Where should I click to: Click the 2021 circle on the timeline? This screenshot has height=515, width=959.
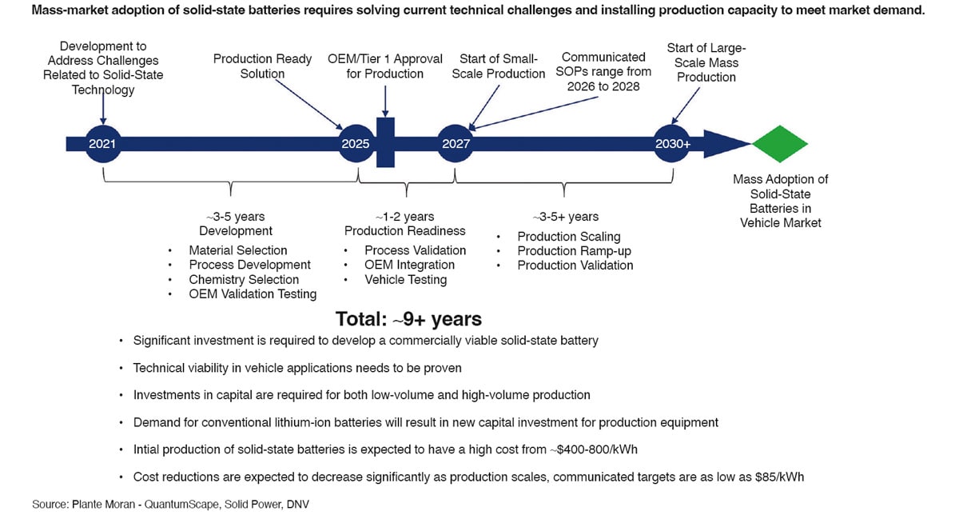pyautogui.click(x=103, y=143)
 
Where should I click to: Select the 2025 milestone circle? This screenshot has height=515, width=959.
pyautogui.click(x=356, y=143)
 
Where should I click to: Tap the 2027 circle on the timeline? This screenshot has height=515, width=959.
pyautogui.click(x=456, y=143)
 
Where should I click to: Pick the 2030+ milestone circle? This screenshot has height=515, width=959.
pyautogui.click(x=672, y=143)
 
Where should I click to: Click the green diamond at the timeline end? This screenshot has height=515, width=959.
pyautogui.click(x=781, y=143)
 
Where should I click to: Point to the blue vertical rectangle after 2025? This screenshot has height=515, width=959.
pyautogui.click(x=385, y=143)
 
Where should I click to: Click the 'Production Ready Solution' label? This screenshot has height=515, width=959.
pyautogui.click(x=251, y=66)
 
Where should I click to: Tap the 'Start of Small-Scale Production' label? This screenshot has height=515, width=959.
pyautogui.click(x=499, y=66)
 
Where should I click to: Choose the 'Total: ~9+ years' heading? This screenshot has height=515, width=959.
pyautogui.click(x=408, y=319)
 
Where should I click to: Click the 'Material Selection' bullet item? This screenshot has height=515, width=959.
pyautogui.click(x=237, y=250)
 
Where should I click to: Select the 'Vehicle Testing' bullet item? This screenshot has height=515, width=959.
pyautogui.click(x=405, y=280)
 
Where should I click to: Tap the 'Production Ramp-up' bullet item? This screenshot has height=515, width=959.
pyautogui.click(x=574, y=251)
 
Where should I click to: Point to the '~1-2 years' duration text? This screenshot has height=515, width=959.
pyautogui.click(x=404, y=217)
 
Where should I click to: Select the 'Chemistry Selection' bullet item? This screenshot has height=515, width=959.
pyautogui.click(x=244, y=280)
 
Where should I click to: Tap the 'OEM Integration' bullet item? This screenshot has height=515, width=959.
pyautogui.click(x=409, y=265)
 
